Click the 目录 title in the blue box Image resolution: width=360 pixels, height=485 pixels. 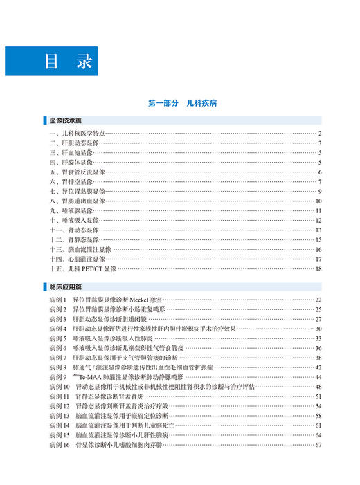69,60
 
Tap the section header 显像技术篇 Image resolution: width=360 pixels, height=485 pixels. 66,120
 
